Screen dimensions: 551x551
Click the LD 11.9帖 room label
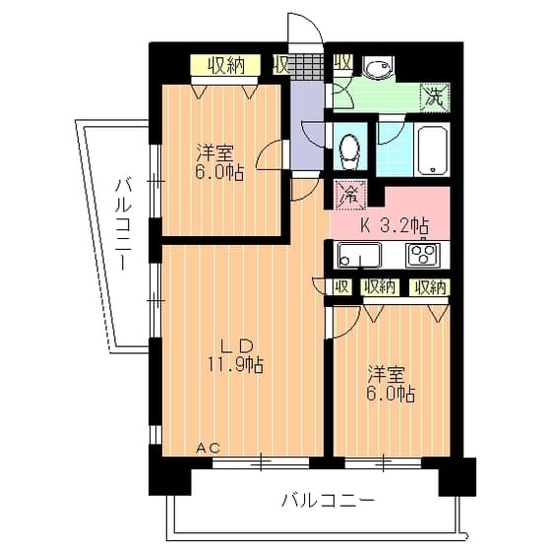[x=235, y=355]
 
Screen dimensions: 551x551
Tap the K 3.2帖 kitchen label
[x=395, y=225]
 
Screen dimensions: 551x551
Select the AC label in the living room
[x=208, y=448]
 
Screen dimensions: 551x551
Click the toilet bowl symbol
[x=349, y=152]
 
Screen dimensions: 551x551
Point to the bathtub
[x=432, y=149]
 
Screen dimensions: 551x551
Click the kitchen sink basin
[x=359, y=255]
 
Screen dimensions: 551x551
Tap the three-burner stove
[x=423, y=255]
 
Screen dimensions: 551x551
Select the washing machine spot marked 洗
[x=435, y=97]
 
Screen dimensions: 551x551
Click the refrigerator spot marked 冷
[x=349, y=195]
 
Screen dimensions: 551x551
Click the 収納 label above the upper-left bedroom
[x=225, y=65]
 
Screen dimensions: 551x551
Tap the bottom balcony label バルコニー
[x=328, y=501]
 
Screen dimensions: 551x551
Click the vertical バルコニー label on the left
[x=123, y=224]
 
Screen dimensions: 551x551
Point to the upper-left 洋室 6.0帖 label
[x=219, y=162]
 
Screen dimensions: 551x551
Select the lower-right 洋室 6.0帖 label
[x=391, y=384]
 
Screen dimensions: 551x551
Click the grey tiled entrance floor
[x=306, y=67]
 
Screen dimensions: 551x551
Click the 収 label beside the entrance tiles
[x=281, y=65]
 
